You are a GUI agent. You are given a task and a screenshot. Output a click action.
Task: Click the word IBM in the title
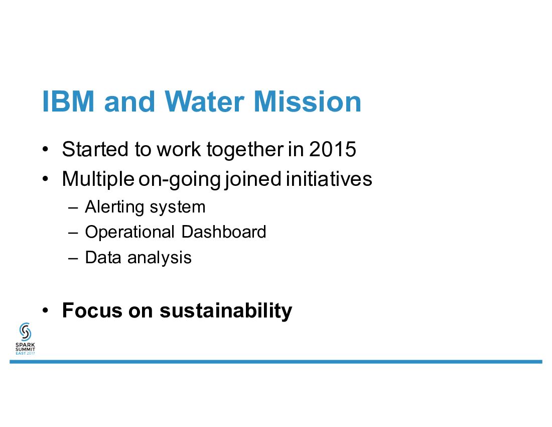tap(68, 101)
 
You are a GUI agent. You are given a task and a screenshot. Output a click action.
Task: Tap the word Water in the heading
tap(204, 101)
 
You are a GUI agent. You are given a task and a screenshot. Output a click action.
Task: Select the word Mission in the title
tap(307, 101)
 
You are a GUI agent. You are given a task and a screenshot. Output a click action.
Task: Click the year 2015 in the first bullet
tap(333, 149)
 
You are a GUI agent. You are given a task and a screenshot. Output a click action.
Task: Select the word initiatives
tap(329, 179)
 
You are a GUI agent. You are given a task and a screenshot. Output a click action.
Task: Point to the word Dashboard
tap(223, 232)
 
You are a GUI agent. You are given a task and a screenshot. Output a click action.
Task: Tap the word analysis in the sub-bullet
tap(160, 258)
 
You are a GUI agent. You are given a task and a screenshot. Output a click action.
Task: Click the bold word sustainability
tap(226, 311)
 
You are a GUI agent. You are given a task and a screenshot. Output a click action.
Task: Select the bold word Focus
tap(92, 310)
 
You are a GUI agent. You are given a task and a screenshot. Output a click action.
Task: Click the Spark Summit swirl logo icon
tap(26, 332)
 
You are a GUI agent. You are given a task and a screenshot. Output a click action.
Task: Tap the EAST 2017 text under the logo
tap(26, 353)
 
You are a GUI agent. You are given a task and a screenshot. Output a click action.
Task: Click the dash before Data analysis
tap(73, 258)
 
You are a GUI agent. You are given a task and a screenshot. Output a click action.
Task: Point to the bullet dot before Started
tap(45, 149)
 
